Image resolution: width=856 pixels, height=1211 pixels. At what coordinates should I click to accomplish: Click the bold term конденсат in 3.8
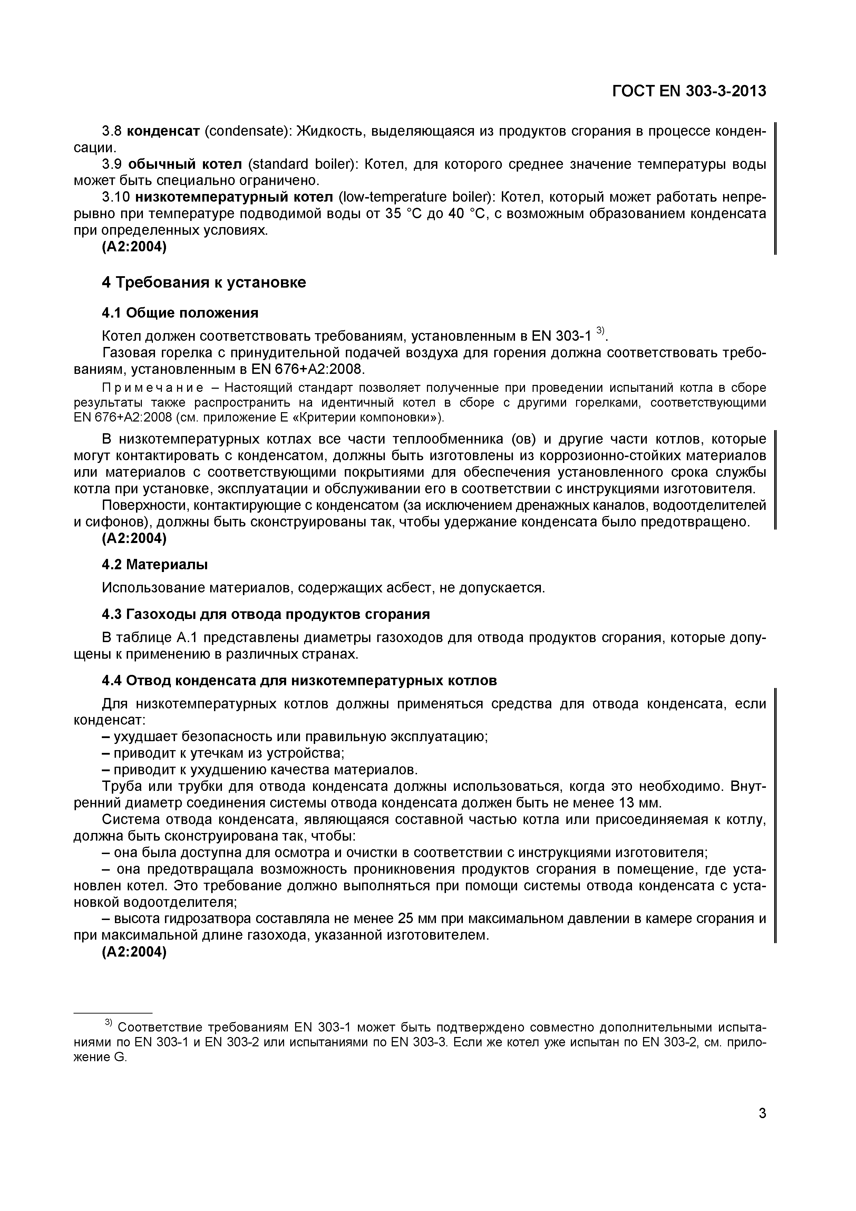[164, 131]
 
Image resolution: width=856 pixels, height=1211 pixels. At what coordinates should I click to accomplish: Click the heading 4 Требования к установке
[204, 283]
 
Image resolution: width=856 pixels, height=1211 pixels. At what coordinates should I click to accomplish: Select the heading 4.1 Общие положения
[180, 313]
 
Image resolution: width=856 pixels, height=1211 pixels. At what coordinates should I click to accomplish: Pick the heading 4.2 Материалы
[155, 565]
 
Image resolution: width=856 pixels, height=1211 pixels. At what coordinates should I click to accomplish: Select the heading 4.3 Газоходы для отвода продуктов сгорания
[265, 614]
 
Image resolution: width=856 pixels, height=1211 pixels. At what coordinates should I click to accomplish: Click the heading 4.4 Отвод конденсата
[299, 681]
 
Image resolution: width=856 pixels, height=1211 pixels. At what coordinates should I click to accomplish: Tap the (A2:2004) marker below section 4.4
[134, 952]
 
